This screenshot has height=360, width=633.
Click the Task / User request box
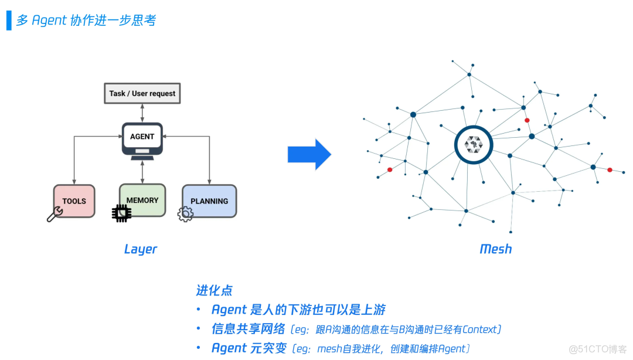(142, 94)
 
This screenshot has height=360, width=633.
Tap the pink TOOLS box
(74, 201)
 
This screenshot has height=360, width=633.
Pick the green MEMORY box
(142, 201)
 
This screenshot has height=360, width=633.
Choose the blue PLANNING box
(209, 201)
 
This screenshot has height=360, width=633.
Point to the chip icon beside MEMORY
(121, 213)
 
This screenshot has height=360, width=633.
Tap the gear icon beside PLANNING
(185, 214)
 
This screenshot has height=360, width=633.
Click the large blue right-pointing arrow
(309, 155)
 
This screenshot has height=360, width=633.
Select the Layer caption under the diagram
(141, 249)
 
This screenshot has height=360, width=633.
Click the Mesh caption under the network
(496, 249)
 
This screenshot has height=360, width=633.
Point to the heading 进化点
(214, 290)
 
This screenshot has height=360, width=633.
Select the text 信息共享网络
(248, 329)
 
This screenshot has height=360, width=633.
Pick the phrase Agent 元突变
(249, 348)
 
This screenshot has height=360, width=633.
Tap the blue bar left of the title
(9, 20)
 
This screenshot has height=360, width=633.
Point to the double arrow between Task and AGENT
(142, 113)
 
